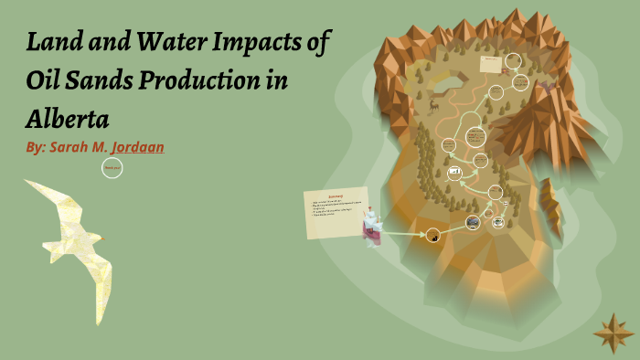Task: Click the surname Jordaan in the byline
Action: (x=137, y=146)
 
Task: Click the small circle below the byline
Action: (x=112, y=168)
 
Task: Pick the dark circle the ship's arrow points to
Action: (x=433, y=236)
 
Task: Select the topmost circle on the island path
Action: (x=514, y=61)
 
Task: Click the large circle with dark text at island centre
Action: (x=475, y=137)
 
